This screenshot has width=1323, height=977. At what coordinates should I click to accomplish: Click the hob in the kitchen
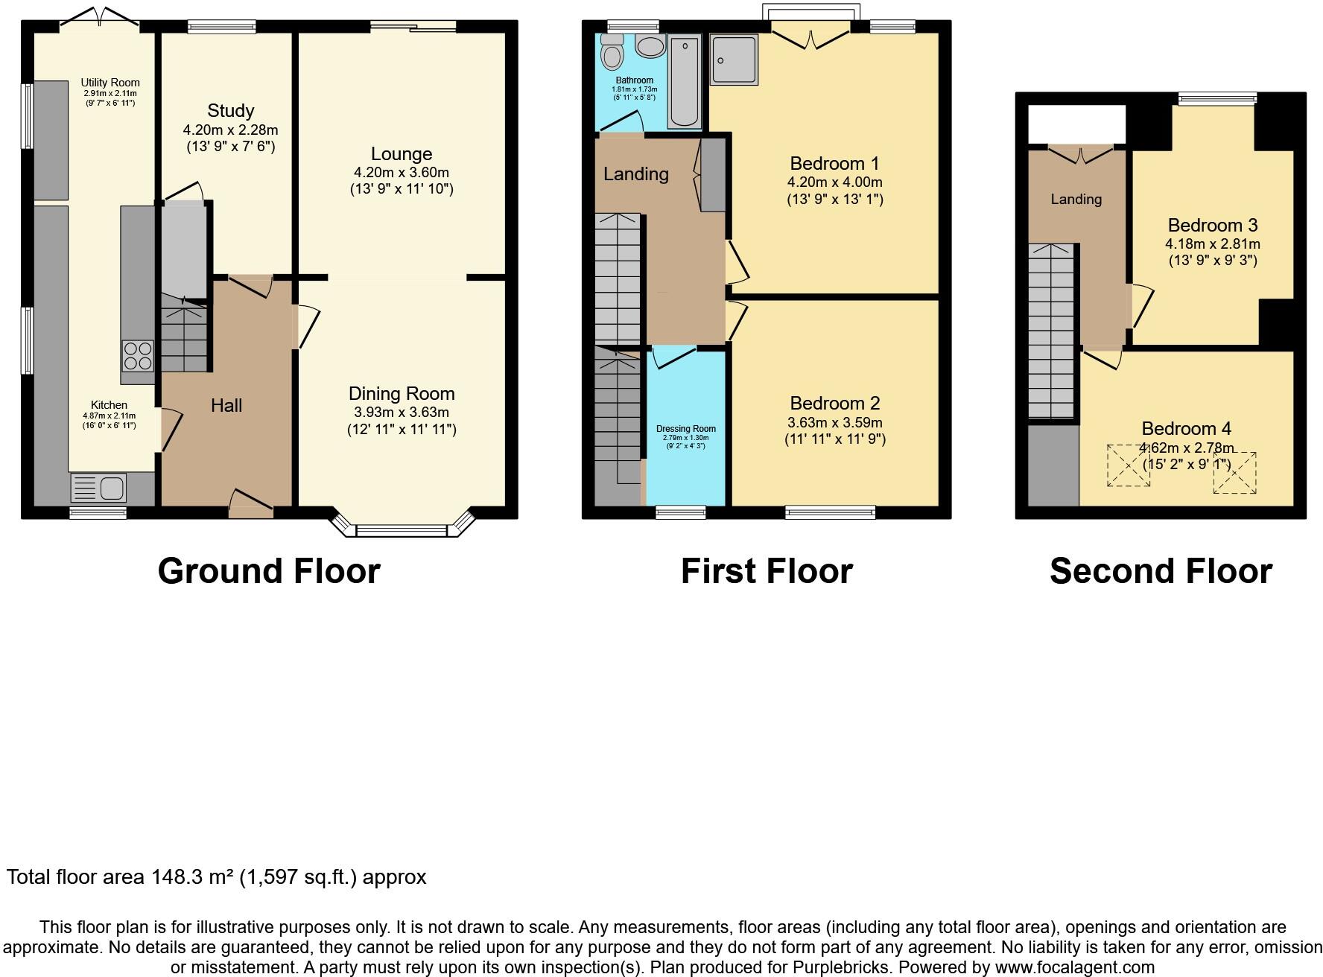pyautogui.click(x=138, y=356)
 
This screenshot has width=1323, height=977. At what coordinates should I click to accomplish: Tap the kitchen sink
pyautogui.click(x=98, y=489)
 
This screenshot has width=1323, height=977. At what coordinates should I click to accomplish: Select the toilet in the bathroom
pyautogui.click(x=613, y=52)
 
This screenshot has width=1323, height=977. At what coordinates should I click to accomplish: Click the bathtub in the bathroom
pyautogui.click(x=682, y=82)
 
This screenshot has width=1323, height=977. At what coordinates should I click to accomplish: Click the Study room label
pyautogui.click(x=230, y=111)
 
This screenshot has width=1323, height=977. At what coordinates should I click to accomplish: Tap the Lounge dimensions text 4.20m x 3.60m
pyautogui.click(x=402, y=172)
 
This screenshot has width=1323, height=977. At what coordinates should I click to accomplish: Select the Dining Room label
pyautogui.click(x=402, y=394)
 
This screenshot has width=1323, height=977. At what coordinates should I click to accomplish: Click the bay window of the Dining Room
pyautogui.click(x=402, y=529)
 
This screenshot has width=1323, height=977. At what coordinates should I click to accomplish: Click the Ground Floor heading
pyautogui.click(x=269, y=571)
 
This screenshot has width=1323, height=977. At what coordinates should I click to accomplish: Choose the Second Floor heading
pyautogui.click(x=1161, y=571)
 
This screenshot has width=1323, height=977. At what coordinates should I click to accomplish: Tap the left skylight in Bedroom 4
pyautogui.click(x=1128, y=465)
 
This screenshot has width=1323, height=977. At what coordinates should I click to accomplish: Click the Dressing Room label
pyautogui.click(x=685, y=429)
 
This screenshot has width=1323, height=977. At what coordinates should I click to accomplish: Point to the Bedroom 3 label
pyautogui.click(x=1212, y=225)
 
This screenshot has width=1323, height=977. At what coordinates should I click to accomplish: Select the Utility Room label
pyautogui.click(x=110, y=83)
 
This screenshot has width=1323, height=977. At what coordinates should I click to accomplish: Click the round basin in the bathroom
pyautogui.click(x=650, y=46)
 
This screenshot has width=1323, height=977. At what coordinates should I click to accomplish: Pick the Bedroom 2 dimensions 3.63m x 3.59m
pyautogui.click(x=834, y=422)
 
